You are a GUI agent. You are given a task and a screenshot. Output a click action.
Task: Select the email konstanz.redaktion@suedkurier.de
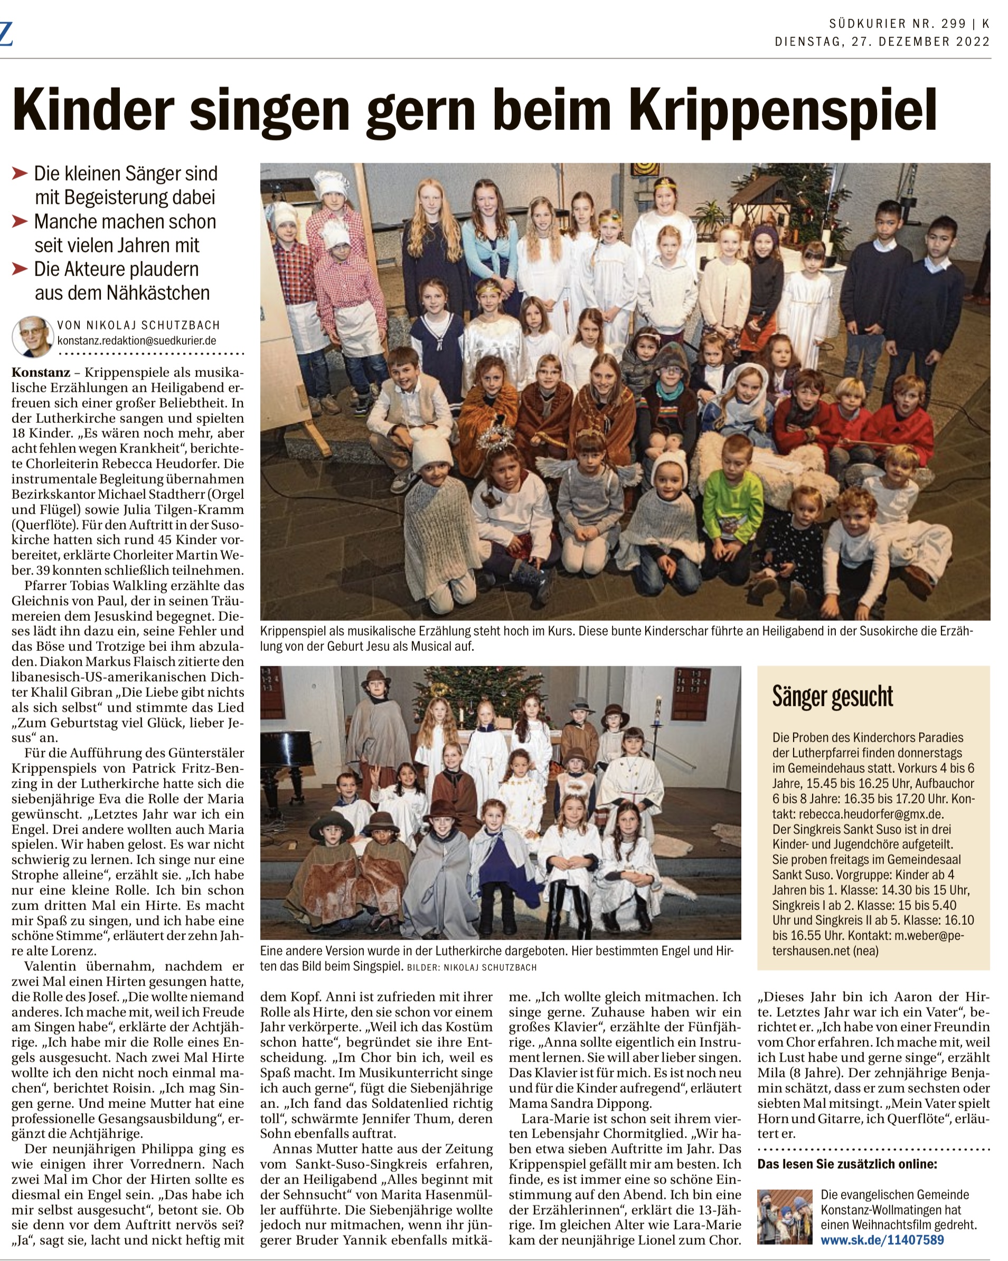136,340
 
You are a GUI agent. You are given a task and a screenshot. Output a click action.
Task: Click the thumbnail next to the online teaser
785,1217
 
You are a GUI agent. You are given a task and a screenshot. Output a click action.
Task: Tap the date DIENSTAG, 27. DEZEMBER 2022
882,42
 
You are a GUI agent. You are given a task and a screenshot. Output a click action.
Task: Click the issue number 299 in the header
954,24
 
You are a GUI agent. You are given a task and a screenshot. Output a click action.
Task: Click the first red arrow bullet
20,173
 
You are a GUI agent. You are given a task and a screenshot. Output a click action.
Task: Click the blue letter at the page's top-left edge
6,34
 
